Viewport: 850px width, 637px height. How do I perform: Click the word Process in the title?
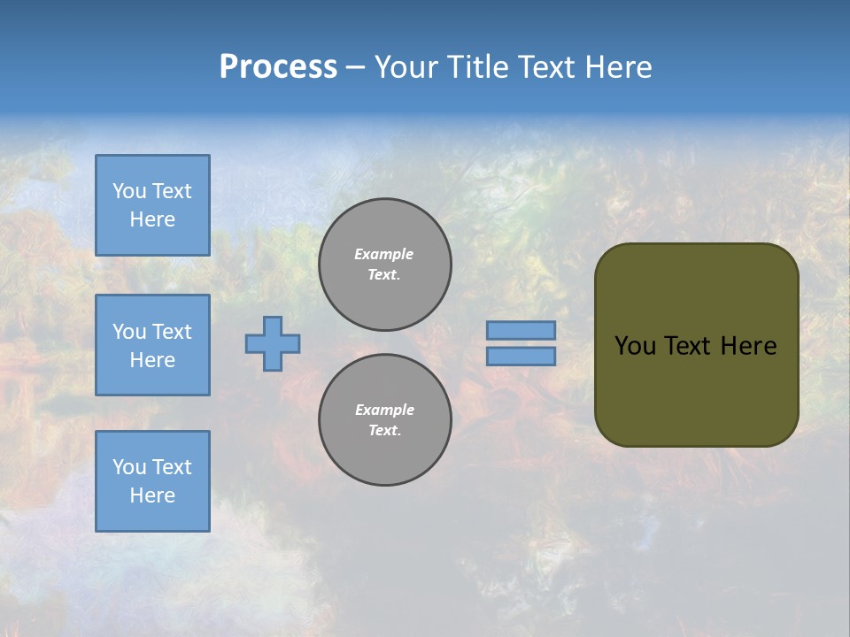[x=278, y=67]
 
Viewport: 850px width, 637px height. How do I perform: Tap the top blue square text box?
[x=152, y=205]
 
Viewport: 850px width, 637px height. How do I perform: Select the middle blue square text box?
[x=152, y=345]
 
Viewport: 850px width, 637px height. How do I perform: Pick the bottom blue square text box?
[x=152, y=481]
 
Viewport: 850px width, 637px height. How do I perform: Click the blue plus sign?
[x=273, y=343]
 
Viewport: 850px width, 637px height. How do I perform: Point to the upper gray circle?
[x=385, y=265]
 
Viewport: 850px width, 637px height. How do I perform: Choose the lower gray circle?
[x=385, y=420]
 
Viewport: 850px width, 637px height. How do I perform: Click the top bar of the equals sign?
[x=521, y=330]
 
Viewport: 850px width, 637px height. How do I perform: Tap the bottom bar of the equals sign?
[x=521, y=357]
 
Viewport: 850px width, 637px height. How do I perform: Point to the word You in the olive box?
[x=635, y=346]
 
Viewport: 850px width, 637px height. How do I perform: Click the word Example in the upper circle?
[x=384, y=254]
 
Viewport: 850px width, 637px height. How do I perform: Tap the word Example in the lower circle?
[x=384, y=410]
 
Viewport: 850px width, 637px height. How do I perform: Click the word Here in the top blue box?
[x=152, y=219]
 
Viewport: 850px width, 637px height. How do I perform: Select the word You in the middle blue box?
[x=129, y=332]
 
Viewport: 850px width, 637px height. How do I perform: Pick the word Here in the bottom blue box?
[x=152, y=495]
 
